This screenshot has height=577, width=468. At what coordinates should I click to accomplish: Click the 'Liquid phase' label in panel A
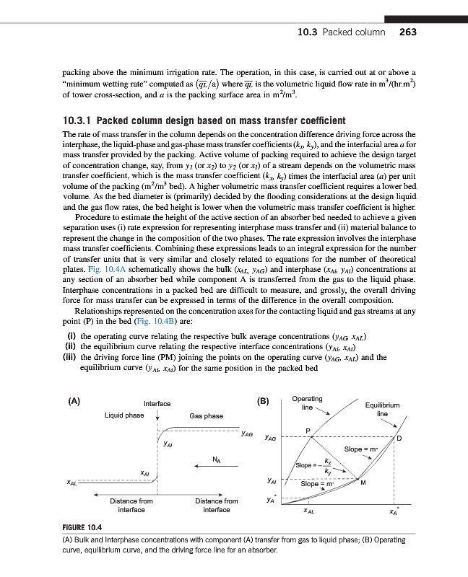[x=124, y=416]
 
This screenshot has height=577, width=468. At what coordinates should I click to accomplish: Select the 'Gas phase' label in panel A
[x=206, y=416]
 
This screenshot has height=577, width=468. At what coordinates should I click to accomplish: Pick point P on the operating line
[x=308, y=431]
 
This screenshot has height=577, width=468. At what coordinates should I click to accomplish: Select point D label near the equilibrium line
[x=399, y=440]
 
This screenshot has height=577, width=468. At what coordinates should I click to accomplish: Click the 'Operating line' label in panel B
[x=307, y=402]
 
